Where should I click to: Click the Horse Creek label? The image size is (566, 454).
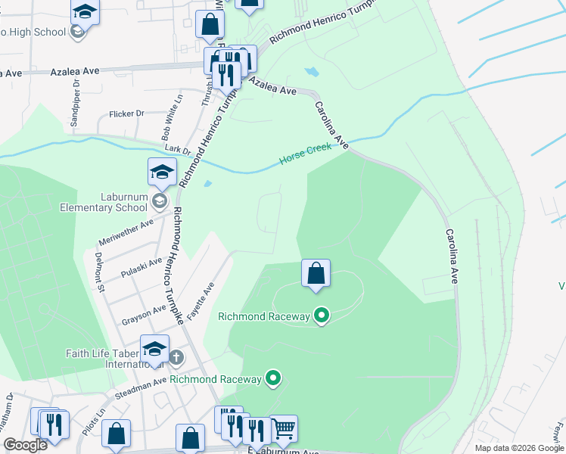[306, 154]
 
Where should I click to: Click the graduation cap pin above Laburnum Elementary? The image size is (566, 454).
[162, 174]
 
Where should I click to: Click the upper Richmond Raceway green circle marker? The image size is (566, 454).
[322, 316]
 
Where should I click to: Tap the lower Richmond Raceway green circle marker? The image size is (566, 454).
[273, 378]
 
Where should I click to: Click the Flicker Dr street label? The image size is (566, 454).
[126, 114]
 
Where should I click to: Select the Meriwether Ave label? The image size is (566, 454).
[126, 232]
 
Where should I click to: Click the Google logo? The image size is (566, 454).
[26, 445]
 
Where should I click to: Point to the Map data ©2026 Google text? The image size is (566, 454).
[519, 448]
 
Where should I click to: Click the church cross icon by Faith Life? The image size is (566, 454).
[176, 357]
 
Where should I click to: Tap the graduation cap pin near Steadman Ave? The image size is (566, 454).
[154, 350]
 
